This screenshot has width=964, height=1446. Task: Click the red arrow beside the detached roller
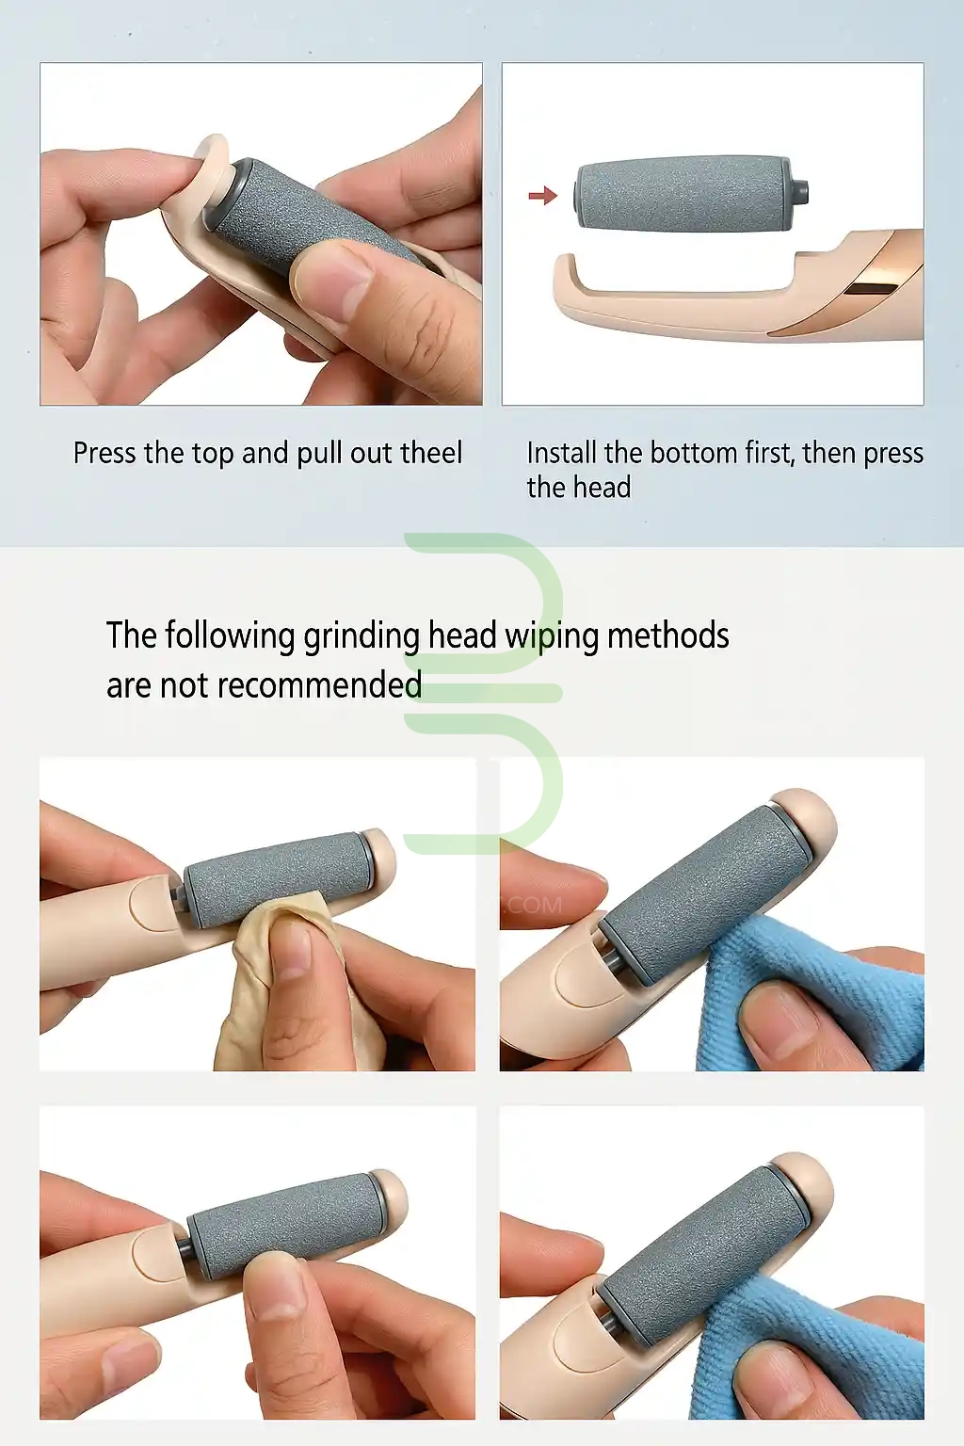(542, 194)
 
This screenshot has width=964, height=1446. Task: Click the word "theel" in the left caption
(430, 453)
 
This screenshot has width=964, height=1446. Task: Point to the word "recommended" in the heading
(320, 685)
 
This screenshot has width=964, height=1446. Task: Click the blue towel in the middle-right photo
(820, 994)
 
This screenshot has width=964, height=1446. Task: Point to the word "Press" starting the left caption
(105, 453)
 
